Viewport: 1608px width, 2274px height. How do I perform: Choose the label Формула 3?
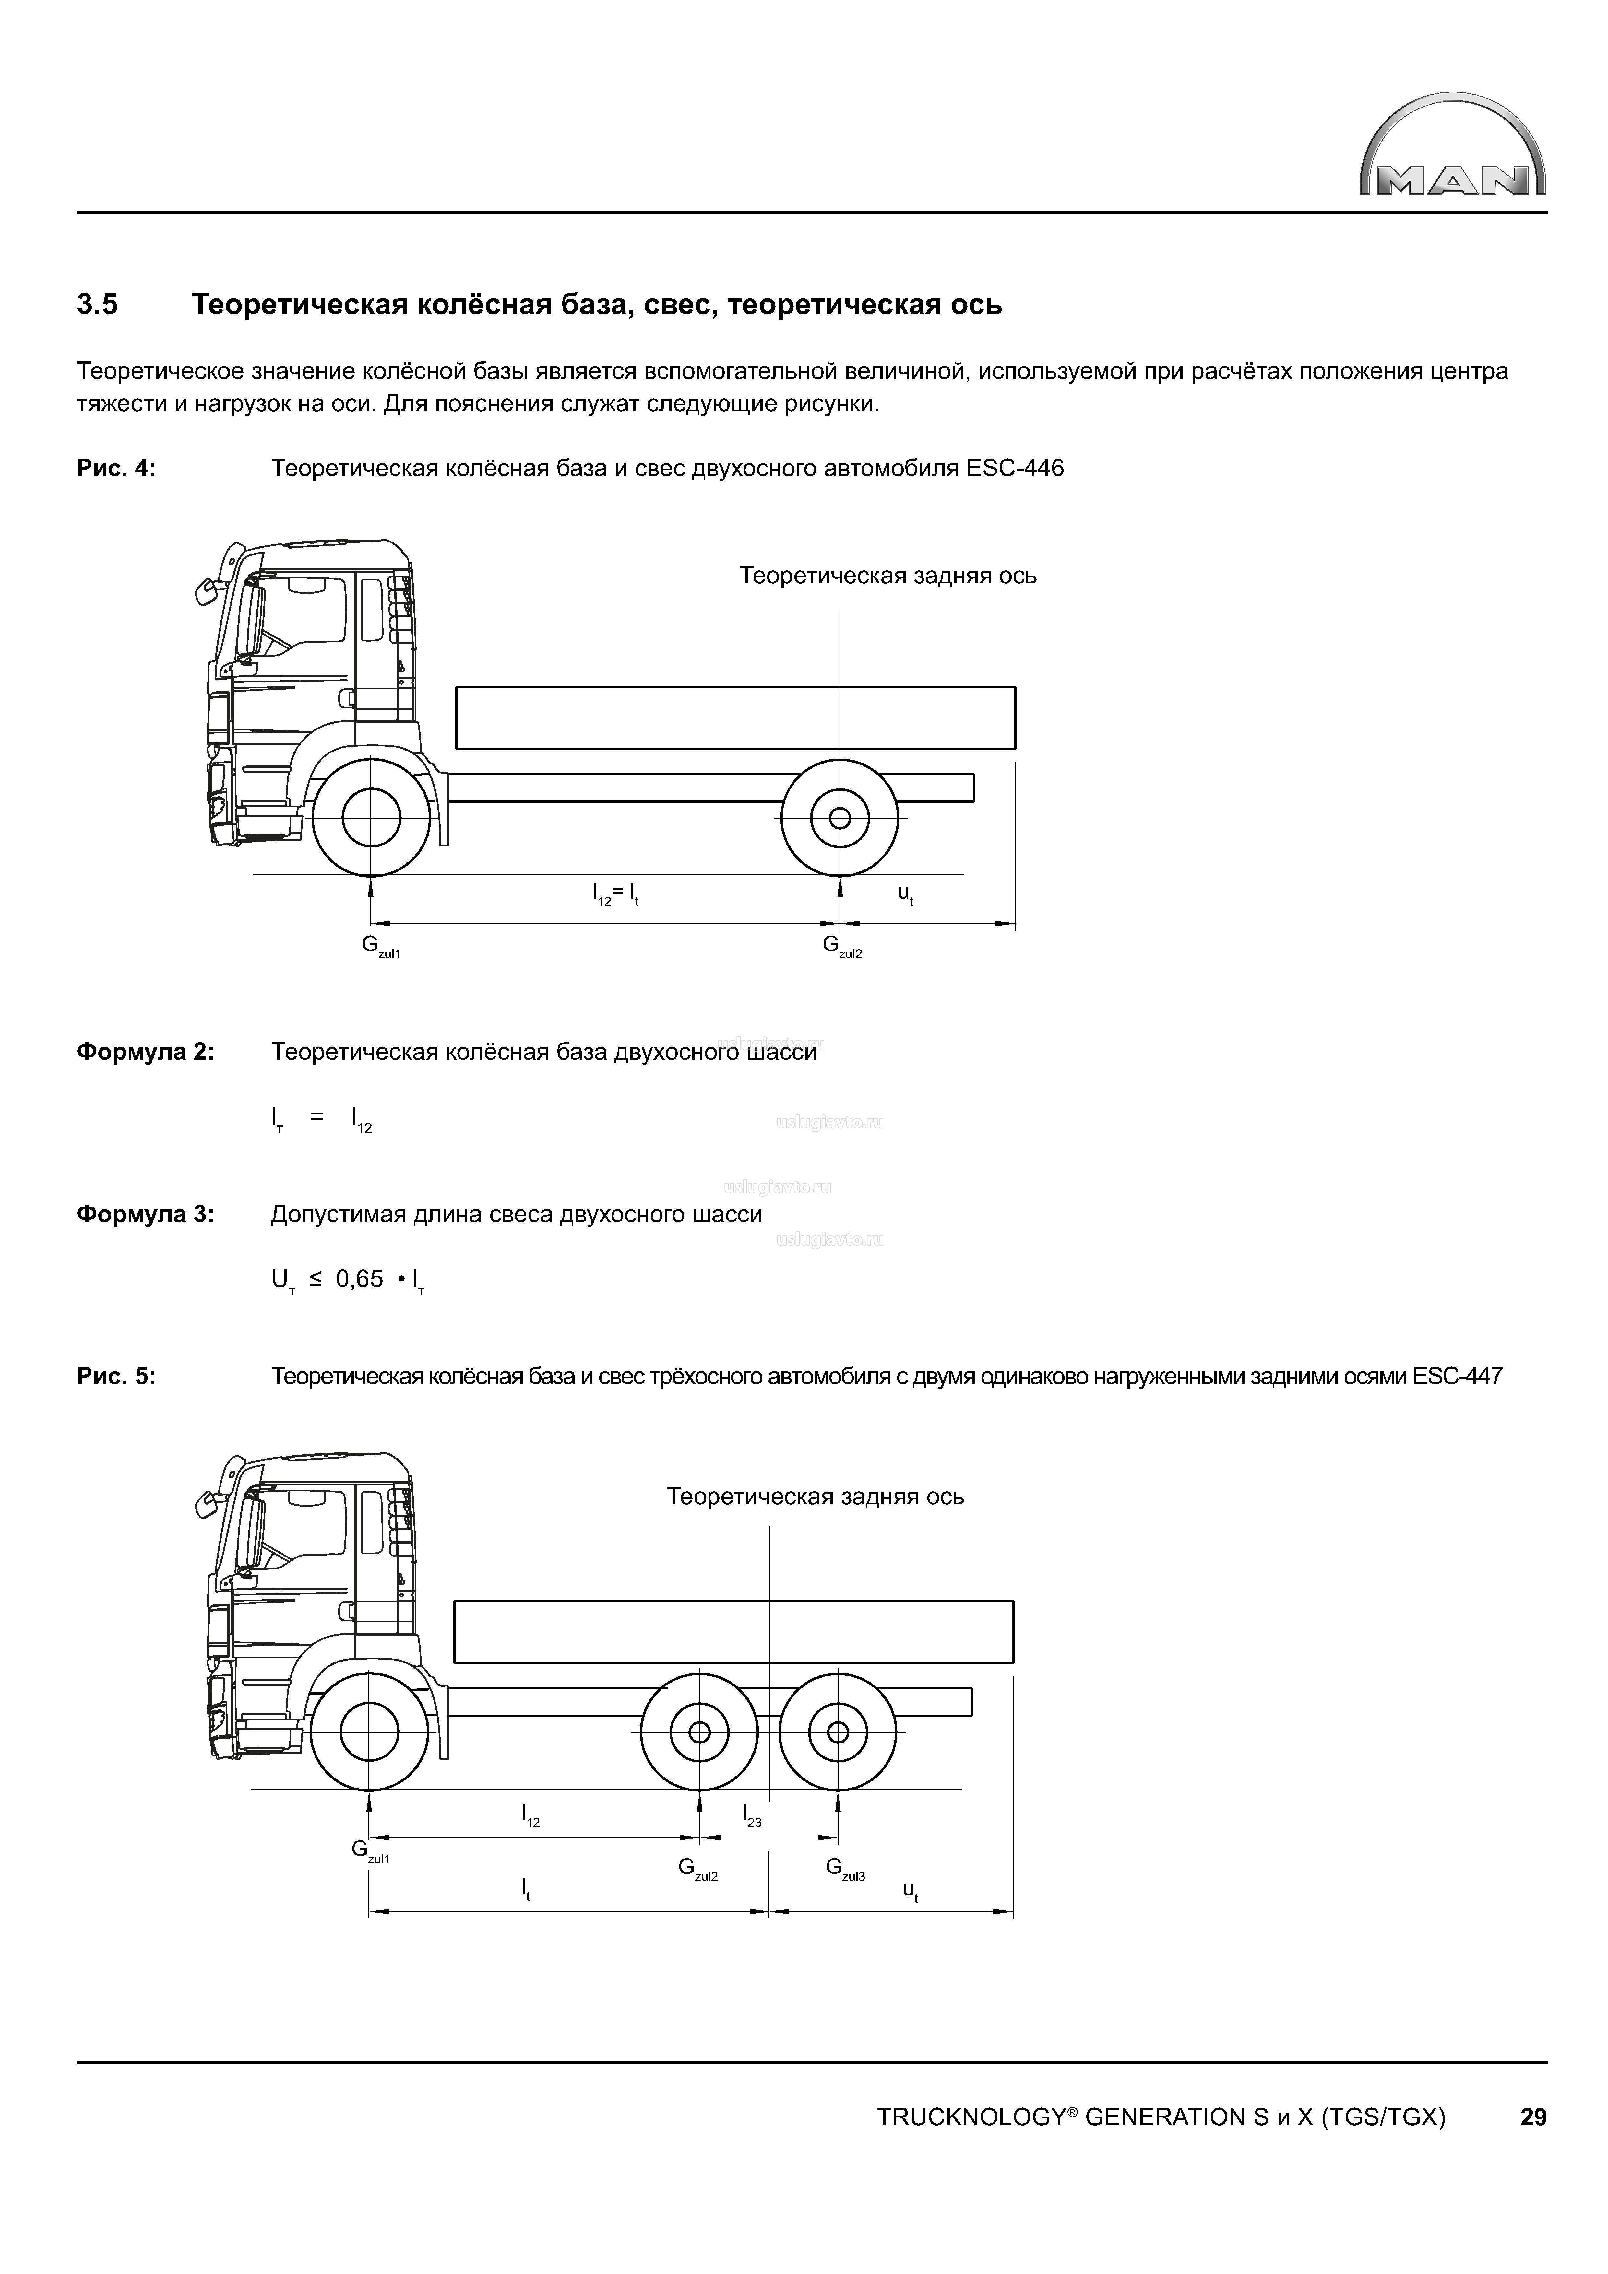(x=145, y=1214)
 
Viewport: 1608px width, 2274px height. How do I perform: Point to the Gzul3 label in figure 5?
(x=845, y=1868)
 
